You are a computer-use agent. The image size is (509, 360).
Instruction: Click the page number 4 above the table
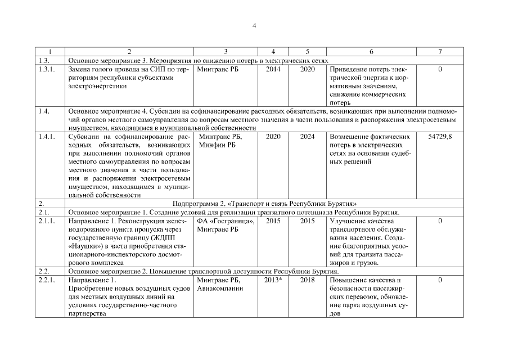tap(254, 25)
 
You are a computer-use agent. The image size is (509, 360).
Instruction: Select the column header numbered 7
tap(440, 52)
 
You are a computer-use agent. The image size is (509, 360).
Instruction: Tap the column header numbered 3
tap(226, 52)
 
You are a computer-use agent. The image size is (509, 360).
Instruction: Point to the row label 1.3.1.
tap(44, 69)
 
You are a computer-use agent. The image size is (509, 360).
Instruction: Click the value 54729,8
tap(440, 137)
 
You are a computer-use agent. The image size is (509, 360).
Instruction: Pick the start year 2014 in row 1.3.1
tap(273, 69)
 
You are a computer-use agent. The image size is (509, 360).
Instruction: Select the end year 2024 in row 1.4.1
tap(307, 137)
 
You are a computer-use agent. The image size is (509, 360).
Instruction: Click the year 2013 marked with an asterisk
tap(273, 280)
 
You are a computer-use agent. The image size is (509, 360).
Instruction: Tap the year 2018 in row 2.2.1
tap(307, 280)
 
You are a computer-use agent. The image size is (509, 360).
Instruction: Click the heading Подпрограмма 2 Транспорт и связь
tap(265, 204)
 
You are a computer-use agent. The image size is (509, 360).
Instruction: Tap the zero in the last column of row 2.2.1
tap(440, 280)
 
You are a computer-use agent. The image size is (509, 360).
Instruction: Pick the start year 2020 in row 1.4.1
tap(273, 137)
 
